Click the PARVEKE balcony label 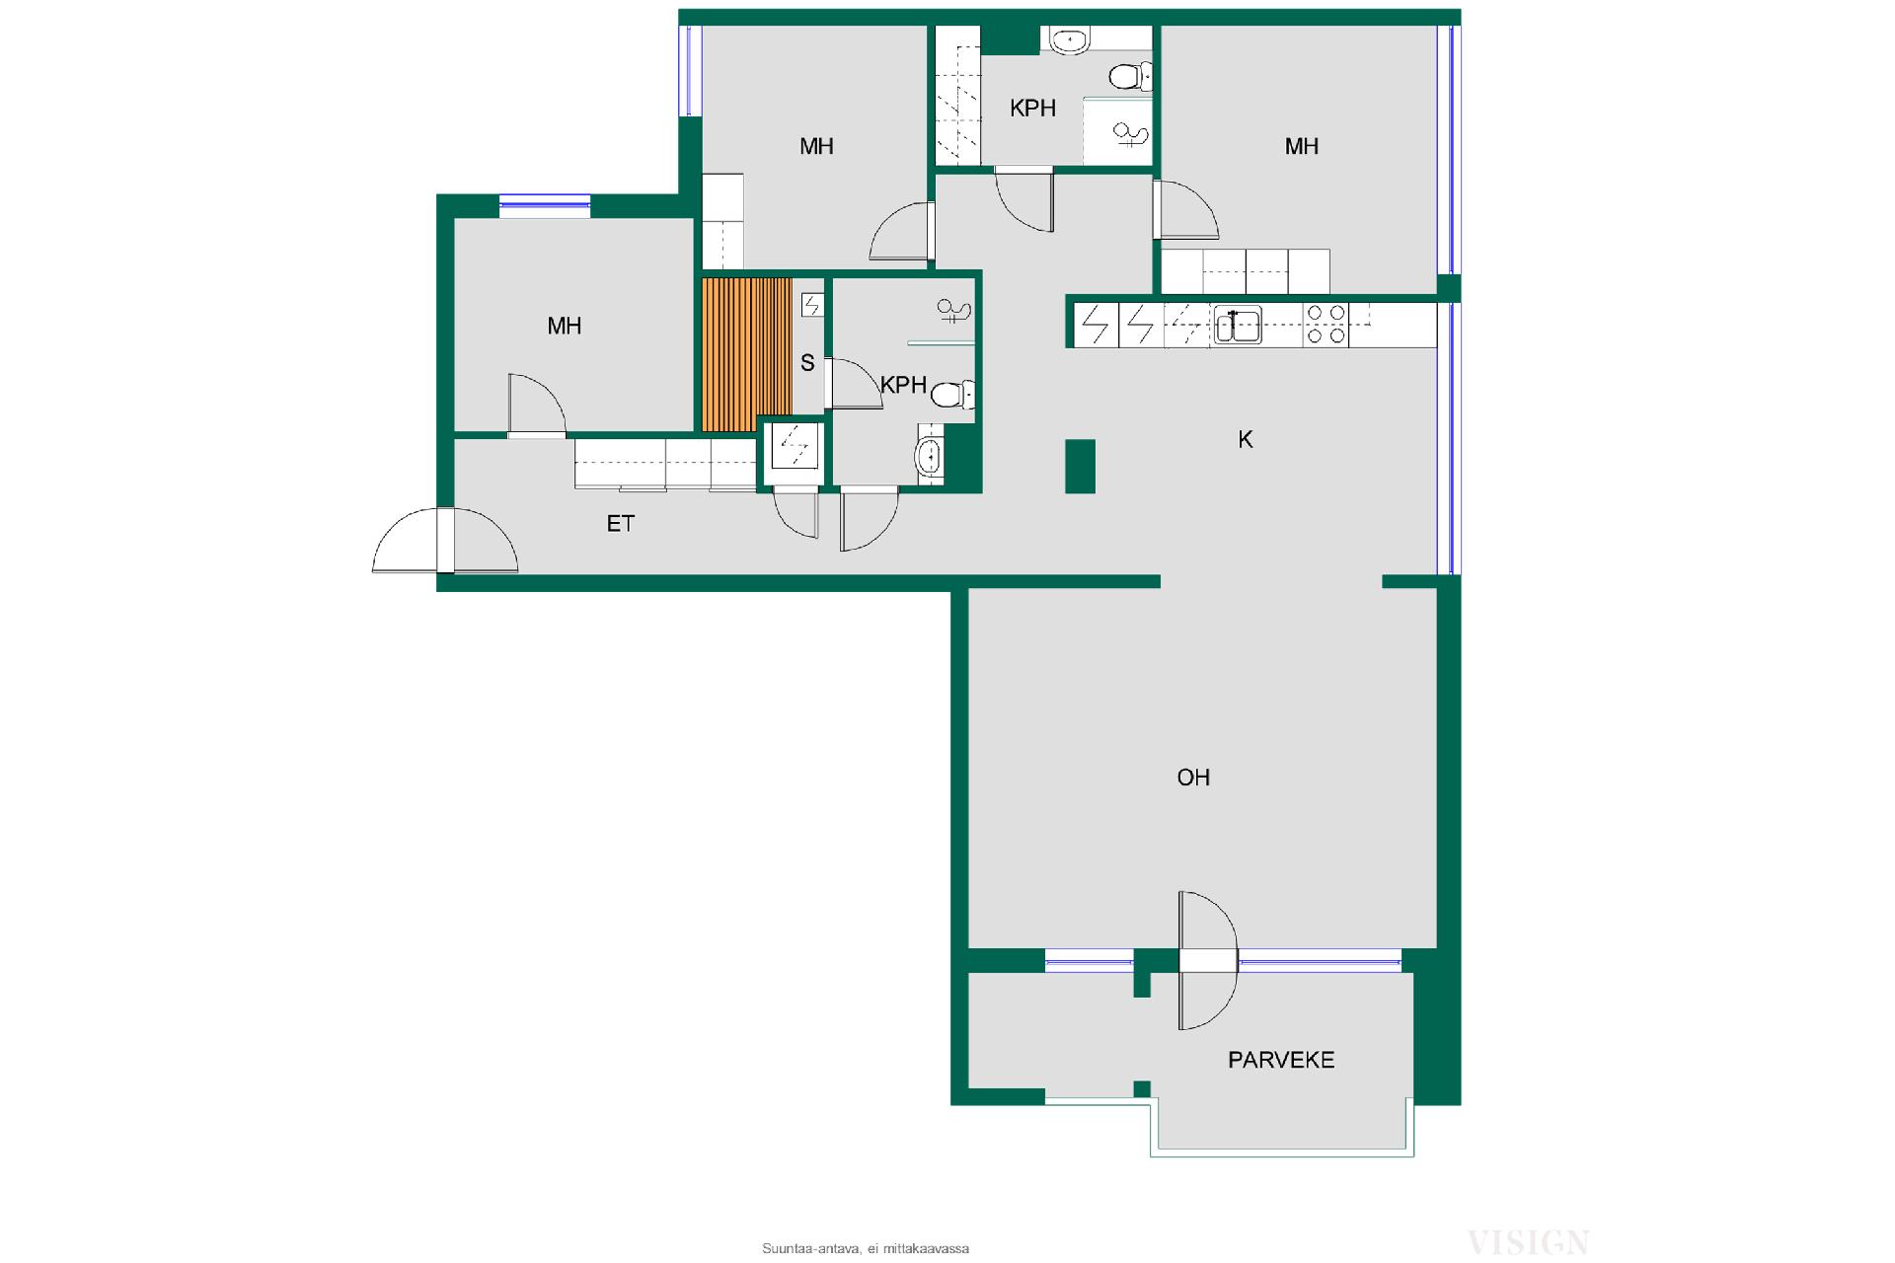(x=1280, y=1060)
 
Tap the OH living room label (x=1193, y=778)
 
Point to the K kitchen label (x=1246, y=440)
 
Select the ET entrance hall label (x=620, y=524)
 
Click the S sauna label (x=807, y=363)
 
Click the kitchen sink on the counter (x=1238, y=325)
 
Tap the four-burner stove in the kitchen (x=1326, y=325)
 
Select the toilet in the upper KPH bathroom (x=1130, y=76)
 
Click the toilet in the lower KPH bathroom (x=953, y=396)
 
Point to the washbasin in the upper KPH (x=1067, y=40)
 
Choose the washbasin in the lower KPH (x=930, y=457)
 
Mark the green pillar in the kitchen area (x=1080, y=466)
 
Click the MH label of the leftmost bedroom (x=565, y=326)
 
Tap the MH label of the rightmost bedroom (x=1302, y=146)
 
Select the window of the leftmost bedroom (x=544, y=204)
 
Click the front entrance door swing (x=445, y=541)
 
